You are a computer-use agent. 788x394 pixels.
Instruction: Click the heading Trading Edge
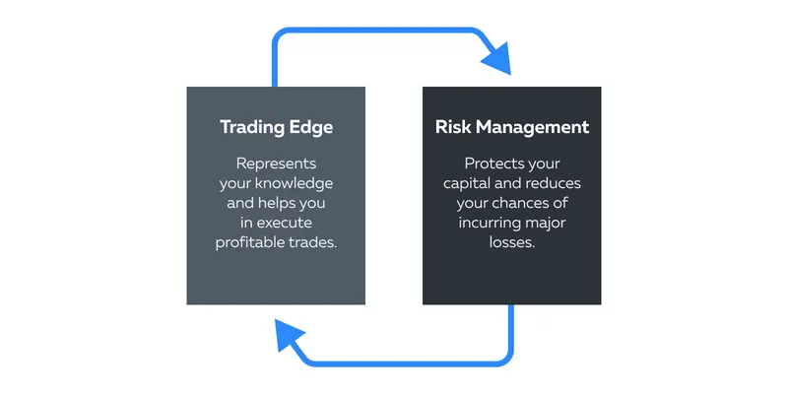pyautogui.click(x=276, y=127)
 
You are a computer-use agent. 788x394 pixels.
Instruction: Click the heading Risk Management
pyautogui.click(x=511, y=127)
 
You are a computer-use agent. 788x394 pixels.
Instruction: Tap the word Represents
pyautogui.click(x=276, y=164)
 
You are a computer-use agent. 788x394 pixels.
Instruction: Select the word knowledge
pyautogui.click(x=294, y=183)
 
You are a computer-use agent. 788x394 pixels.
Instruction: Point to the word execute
pyautogui.click(x=285, y=223)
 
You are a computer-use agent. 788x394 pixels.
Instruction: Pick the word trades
pyautogui.click(x=314, y=242)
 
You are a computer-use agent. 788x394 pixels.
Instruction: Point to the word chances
pyautogui.click(x=522, y=203)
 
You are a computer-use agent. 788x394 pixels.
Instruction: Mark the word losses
pyautogui.click(x=511, y=242)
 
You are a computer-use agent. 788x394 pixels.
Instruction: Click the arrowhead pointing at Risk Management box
pyautogui.click(x=497, y=58)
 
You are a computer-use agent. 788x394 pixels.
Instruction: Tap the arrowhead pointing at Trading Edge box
pyautogui.click(x=289, y=335)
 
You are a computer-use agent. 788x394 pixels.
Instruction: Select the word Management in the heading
pyautogui.click(x=532, y=127)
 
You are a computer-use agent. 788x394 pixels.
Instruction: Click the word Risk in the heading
pyautogui.click(x=453, y=127)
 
